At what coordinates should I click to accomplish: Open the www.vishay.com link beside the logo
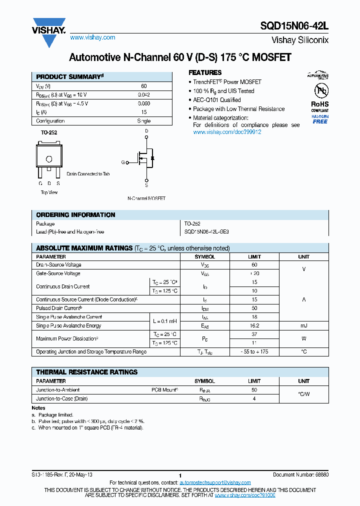point(92,37)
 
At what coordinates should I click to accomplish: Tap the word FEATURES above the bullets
point(205,72)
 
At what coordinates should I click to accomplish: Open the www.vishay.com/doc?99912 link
point(227,132)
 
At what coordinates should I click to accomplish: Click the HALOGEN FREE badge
point(320,119)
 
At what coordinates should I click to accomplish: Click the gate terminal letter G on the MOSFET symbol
point(123,162)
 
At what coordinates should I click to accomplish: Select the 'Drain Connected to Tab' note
point(88,174)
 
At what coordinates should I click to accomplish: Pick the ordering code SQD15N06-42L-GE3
point(206,232)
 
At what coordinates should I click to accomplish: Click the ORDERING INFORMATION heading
point(75,215)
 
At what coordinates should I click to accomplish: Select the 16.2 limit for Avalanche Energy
point(254,325)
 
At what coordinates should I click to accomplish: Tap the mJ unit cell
point(303,325)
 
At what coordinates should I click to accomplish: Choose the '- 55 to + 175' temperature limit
point(254,352)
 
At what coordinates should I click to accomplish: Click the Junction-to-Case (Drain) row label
point(62,398)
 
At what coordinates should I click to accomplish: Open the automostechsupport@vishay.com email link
point(215,482)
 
